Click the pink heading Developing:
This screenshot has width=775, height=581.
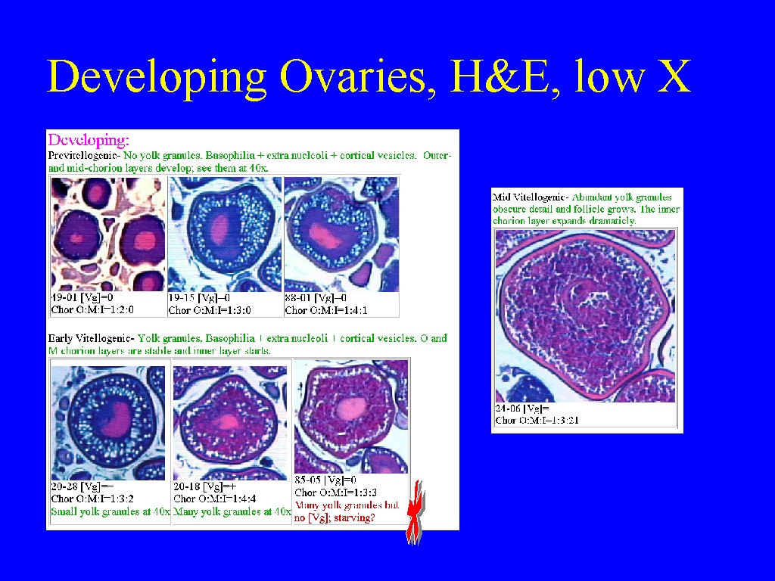coord(89,140)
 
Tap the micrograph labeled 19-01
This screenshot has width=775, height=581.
coord(108,235)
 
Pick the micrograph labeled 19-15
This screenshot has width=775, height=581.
coord(225,235)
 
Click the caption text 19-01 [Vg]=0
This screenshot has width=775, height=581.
coord(82,298)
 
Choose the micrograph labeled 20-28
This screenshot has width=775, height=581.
coord(108,422)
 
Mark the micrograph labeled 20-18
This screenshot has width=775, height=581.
coord(230,422)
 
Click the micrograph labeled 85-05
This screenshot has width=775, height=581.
coord(351,416)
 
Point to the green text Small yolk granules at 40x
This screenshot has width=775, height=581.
coord(110,511)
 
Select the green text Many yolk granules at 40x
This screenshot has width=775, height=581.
coord(232,511)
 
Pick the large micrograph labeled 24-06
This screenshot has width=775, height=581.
coord(585,315)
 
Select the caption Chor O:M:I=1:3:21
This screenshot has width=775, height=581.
coord(537,421)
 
